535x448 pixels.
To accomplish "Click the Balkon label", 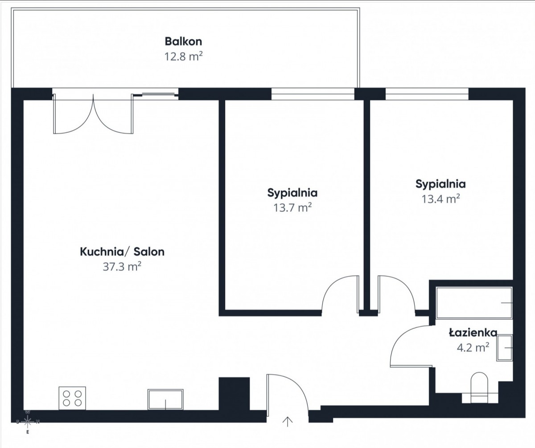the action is tap(183, 41).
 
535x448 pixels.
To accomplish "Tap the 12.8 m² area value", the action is tap(183, 56).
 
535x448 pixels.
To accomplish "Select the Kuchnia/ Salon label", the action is tap(122, 252).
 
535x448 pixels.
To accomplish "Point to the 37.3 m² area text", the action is tap(122, 267).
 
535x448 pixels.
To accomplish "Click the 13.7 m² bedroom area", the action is tap(292, 208).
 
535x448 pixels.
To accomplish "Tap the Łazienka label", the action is tap(473, 333).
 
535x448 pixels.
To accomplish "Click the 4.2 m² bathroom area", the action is tap(473, 348).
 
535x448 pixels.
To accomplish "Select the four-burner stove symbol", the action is tap(72, 398).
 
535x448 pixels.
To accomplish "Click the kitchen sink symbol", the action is tap(165, 399).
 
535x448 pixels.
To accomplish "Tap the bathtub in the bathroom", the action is tap(474, 303).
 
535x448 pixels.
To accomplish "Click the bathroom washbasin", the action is tap(505, 348).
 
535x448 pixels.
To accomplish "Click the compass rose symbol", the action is tap(28, 422).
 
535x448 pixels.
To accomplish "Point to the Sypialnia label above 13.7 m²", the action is tap(292, 193).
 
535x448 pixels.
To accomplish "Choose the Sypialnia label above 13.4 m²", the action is tap(441, 184).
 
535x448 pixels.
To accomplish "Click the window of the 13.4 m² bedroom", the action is tap(427, 94).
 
